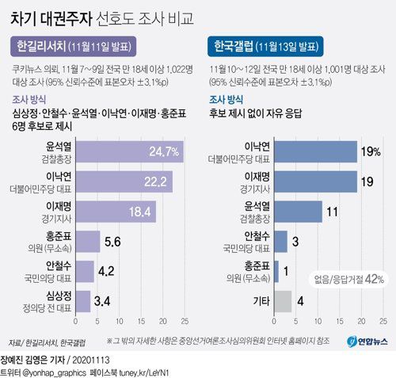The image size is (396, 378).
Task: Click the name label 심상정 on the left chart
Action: click(59, 296)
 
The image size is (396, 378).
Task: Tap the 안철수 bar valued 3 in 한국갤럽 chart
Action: click(281, 241)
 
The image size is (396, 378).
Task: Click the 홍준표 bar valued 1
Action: click(277, 271)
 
